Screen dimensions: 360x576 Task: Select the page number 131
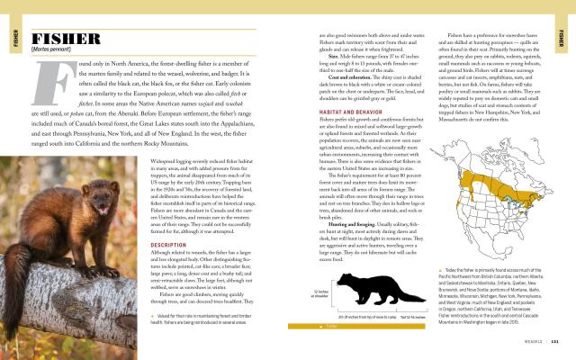tap(555, 341)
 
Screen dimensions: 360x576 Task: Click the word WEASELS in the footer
tap(535, 341)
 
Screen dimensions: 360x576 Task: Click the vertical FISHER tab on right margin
tap(563, 38)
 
